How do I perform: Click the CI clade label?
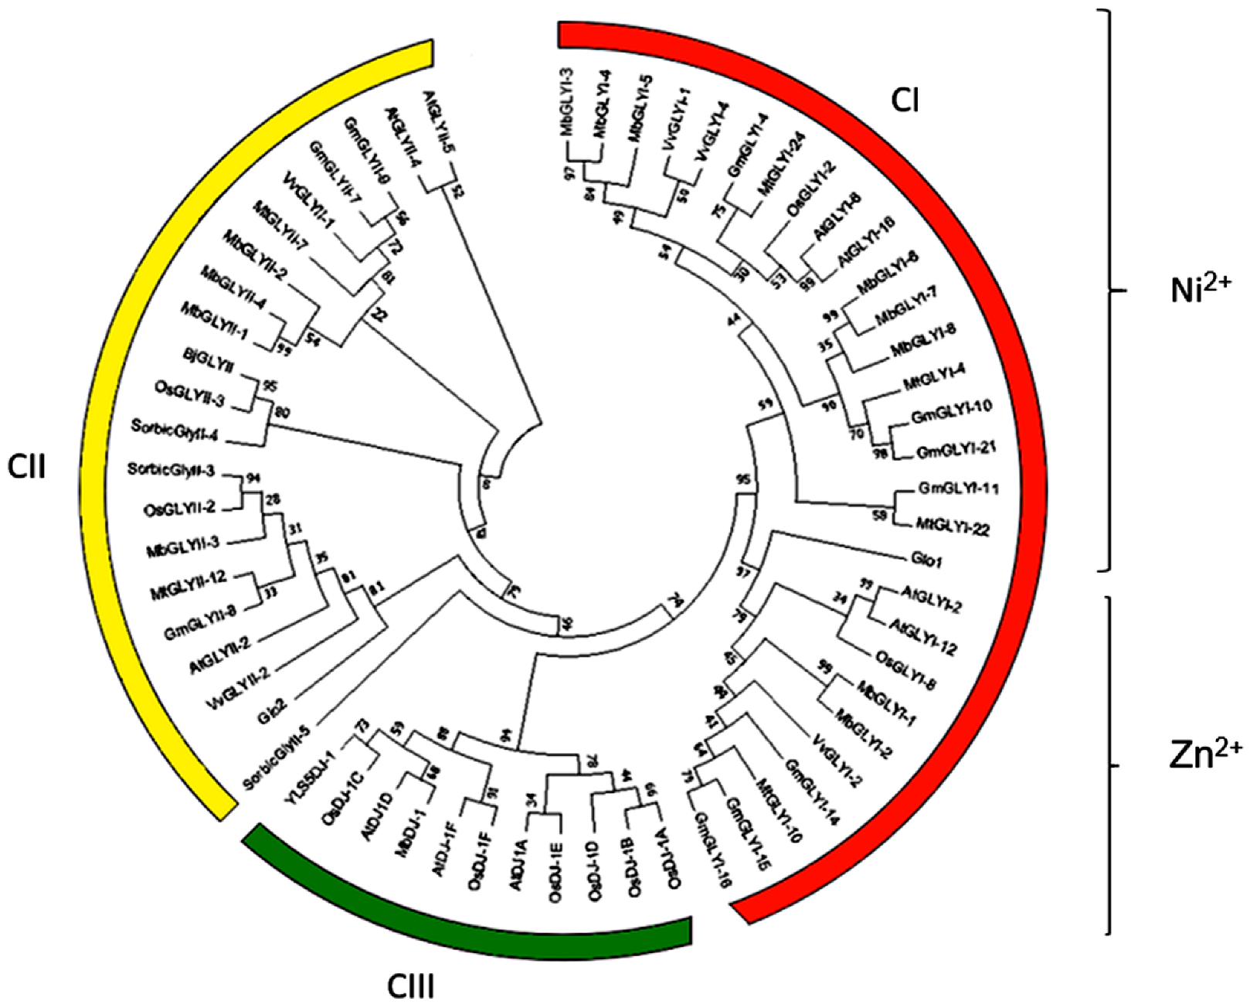[x=905, y=100]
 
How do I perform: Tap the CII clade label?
[x=27, y=467]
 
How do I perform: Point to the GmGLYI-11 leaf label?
[x=959, y=489]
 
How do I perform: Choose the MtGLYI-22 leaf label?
[x=953, y=528]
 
